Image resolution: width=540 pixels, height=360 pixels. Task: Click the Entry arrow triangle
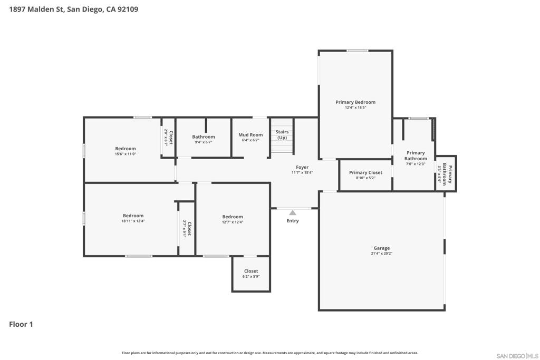[292, 213]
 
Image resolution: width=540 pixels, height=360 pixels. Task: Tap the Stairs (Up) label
[282, 134]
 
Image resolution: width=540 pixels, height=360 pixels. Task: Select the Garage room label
[382, 248]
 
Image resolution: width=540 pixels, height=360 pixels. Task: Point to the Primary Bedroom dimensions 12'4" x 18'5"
[355, 108]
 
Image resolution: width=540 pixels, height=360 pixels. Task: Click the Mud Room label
[250, 135]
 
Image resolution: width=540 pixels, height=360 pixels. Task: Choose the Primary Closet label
[366, 172]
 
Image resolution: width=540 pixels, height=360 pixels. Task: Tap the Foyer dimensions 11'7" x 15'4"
[302, 173]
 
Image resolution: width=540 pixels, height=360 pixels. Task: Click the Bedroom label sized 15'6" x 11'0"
[126, 149]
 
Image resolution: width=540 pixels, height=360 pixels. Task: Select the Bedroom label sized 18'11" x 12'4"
[133, 216]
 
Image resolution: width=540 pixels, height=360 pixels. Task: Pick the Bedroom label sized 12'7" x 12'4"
[233, 217]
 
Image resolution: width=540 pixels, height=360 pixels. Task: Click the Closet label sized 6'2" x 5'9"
[251, 271]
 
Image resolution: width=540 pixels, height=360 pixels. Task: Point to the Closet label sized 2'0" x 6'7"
[171, 138]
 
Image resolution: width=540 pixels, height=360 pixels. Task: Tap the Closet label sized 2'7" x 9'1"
[189, 229]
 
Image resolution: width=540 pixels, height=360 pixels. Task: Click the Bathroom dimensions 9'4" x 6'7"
[204, 142]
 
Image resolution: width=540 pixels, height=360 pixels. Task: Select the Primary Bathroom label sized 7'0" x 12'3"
[416, 155]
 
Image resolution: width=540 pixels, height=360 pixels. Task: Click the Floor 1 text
[21, 324]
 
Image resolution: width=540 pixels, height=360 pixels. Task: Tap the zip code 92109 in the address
[128, 9]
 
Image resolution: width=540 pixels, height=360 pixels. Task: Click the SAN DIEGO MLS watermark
[517, 356]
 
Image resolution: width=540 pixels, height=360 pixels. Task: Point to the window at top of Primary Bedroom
[357, 51]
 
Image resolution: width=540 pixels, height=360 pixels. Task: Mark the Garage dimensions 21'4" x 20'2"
[382, 254]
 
